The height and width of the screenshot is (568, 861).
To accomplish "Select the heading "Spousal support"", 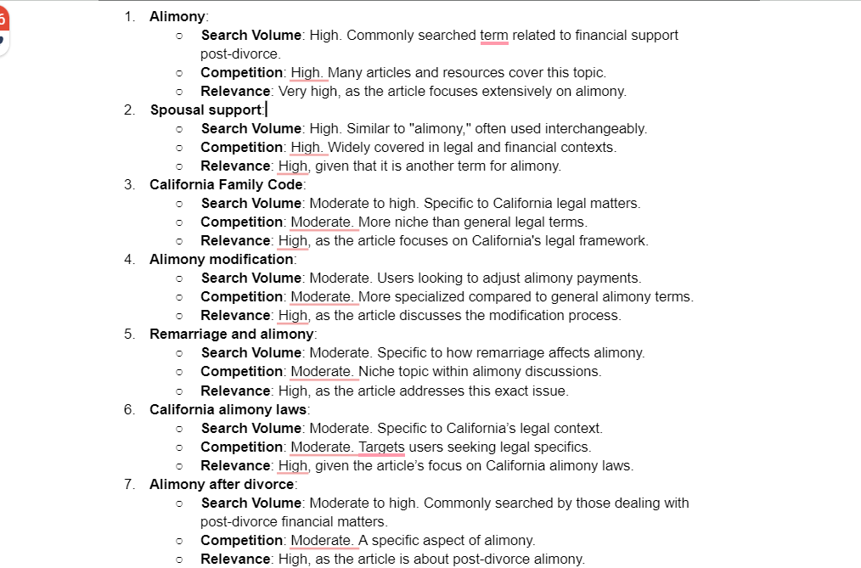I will point(206,110).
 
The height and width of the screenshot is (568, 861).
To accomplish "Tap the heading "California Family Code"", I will point(226,184).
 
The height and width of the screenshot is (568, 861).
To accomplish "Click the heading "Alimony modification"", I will point(221,259).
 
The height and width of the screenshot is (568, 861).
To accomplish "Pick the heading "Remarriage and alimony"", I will point(231,334).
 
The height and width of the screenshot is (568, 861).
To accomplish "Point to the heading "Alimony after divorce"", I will point(222,484).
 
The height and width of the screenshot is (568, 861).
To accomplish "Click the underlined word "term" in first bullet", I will point(494,35).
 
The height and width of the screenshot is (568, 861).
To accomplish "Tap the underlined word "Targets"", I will point(381,447).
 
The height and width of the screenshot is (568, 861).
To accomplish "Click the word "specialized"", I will point(432,296).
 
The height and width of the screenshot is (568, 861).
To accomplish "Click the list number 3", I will point(128,184).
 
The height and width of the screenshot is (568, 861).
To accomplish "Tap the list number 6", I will point(128,409).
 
